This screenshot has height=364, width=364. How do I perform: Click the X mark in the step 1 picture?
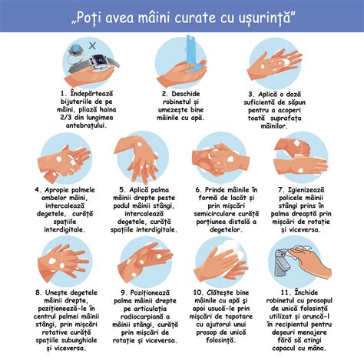coord(92,47)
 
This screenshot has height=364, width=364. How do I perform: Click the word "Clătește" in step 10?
coord(231,293)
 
